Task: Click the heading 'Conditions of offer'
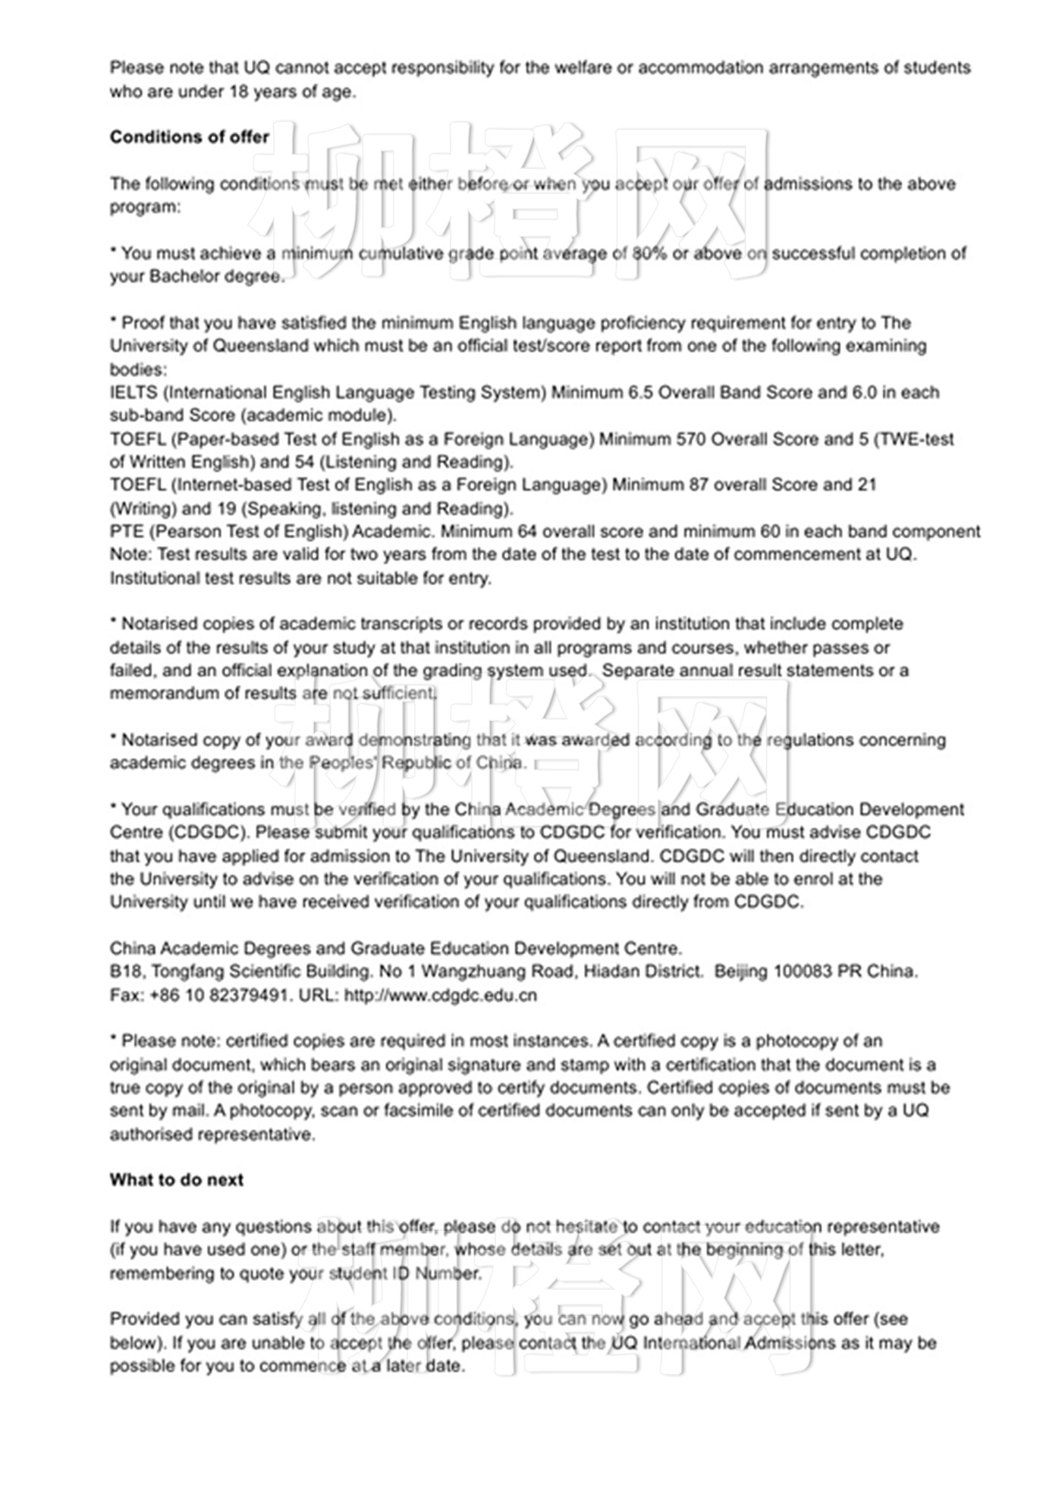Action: coord(189,137)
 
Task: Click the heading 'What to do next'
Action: coord(176,1180)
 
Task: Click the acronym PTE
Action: coord(126,532)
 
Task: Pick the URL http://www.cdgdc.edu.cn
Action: coord(441,995)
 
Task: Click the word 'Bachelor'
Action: coord(180,277)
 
